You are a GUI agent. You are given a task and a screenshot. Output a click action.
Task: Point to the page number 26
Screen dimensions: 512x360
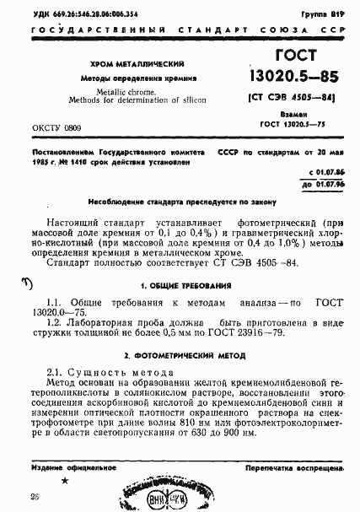(35, 497)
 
